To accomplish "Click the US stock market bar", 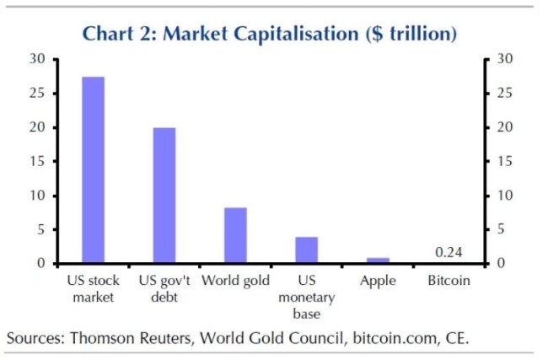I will pyautogui.click(x=93, y=169).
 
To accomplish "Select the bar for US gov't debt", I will pyautogui.click(x=164, y=196).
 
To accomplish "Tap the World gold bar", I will pyautogui.click(x=235, y=235).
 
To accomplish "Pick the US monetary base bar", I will pyautogui.click(x=307, y=250).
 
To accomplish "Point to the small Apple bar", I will pyautogui.click(x=378, y=261).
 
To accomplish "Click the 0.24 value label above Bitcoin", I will pyautogui.click(x=449, y=251).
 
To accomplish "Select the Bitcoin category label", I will pyautogui.click(x=449, y=281).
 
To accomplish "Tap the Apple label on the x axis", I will pyautogui.click(x=378, y=281).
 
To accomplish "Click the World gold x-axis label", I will pyautogui.click(x=235, y=281).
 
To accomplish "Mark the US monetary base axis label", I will pyautogui.click(x=307, y=298).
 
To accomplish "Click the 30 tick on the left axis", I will pyautogui.click(x=36, y=59).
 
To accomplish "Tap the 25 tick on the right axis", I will pyautogui.click(x=503, y=93).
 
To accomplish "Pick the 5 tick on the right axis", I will pyautogui.click(x=500, y=229).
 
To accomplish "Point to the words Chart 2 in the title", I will pyautogui.click(x=118, y=35).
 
